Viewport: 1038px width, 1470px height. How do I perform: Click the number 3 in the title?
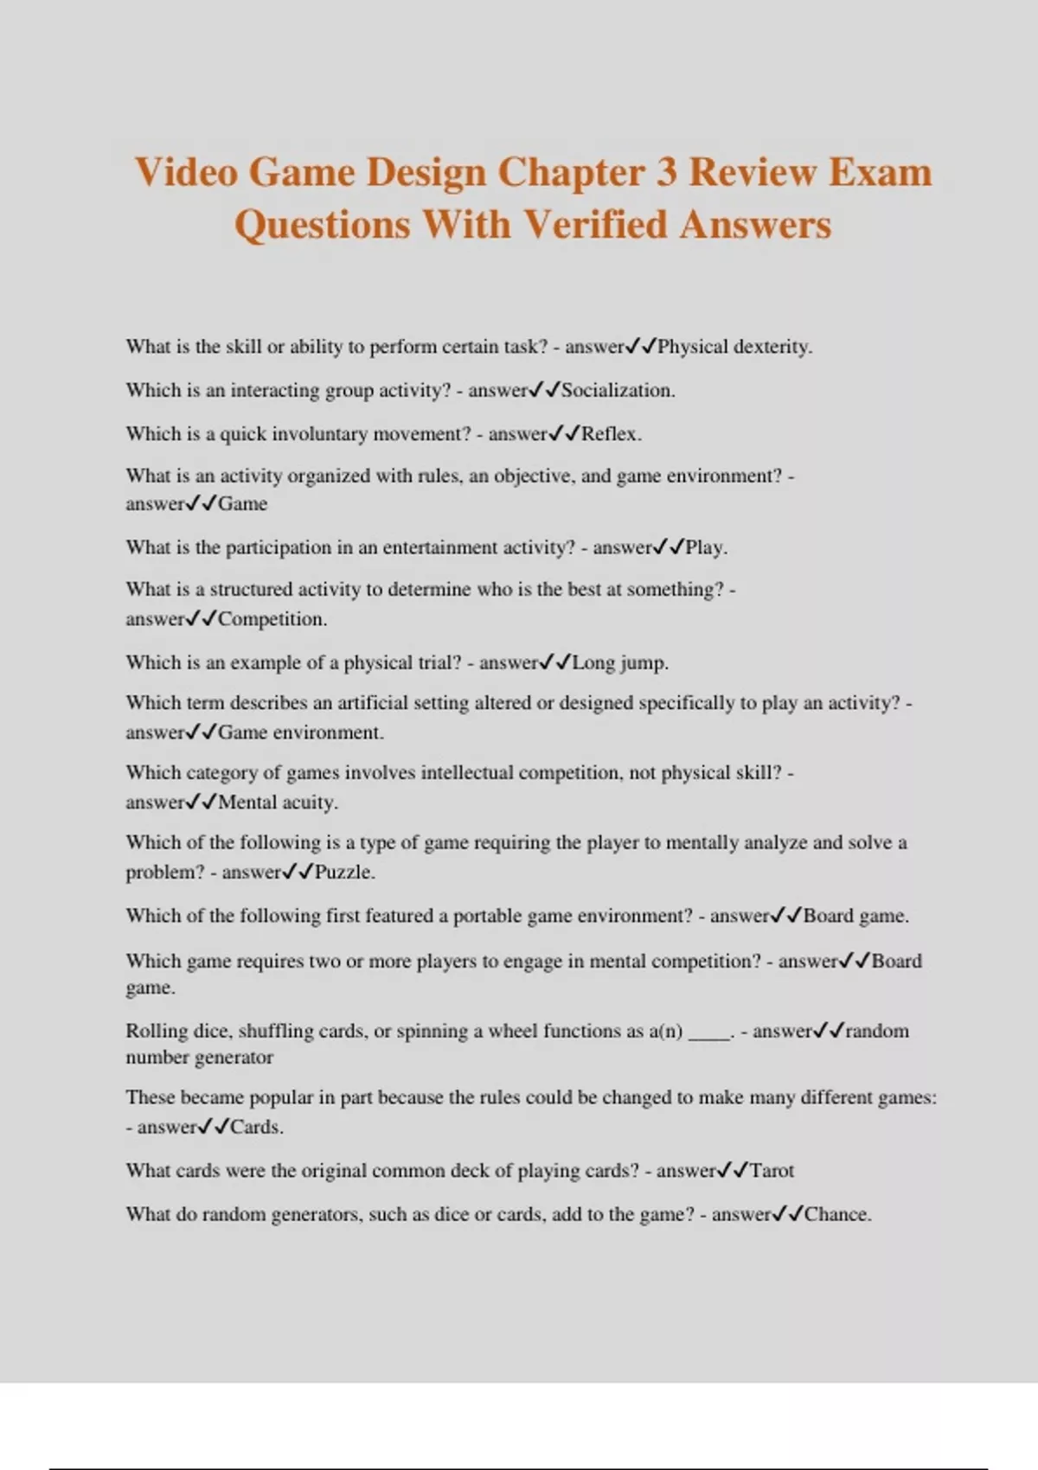(666, 172)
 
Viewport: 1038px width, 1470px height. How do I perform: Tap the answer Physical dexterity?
(734, 347)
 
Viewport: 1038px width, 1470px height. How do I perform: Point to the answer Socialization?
(618, 390)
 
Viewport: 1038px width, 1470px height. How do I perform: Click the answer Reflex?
(611, 433)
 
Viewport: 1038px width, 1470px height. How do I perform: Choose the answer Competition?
(272, 619)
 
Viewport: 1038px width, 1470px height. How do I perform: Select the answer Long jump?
(620, 663)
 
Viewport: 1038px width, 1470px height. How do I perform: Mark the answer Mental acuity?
(278, 802)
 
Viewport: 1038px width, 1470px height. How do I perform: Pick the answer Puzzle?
(344, 872)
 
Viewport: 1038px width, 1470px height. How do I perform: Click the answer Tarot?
(772, 1171)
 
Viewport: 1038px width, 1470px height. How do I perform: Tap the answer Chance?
(837, 1214)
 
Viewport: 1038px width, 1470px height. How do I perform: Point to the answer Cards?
(256, 1127)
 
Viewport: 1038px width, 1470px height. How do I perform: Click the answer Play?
(706, 547)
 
